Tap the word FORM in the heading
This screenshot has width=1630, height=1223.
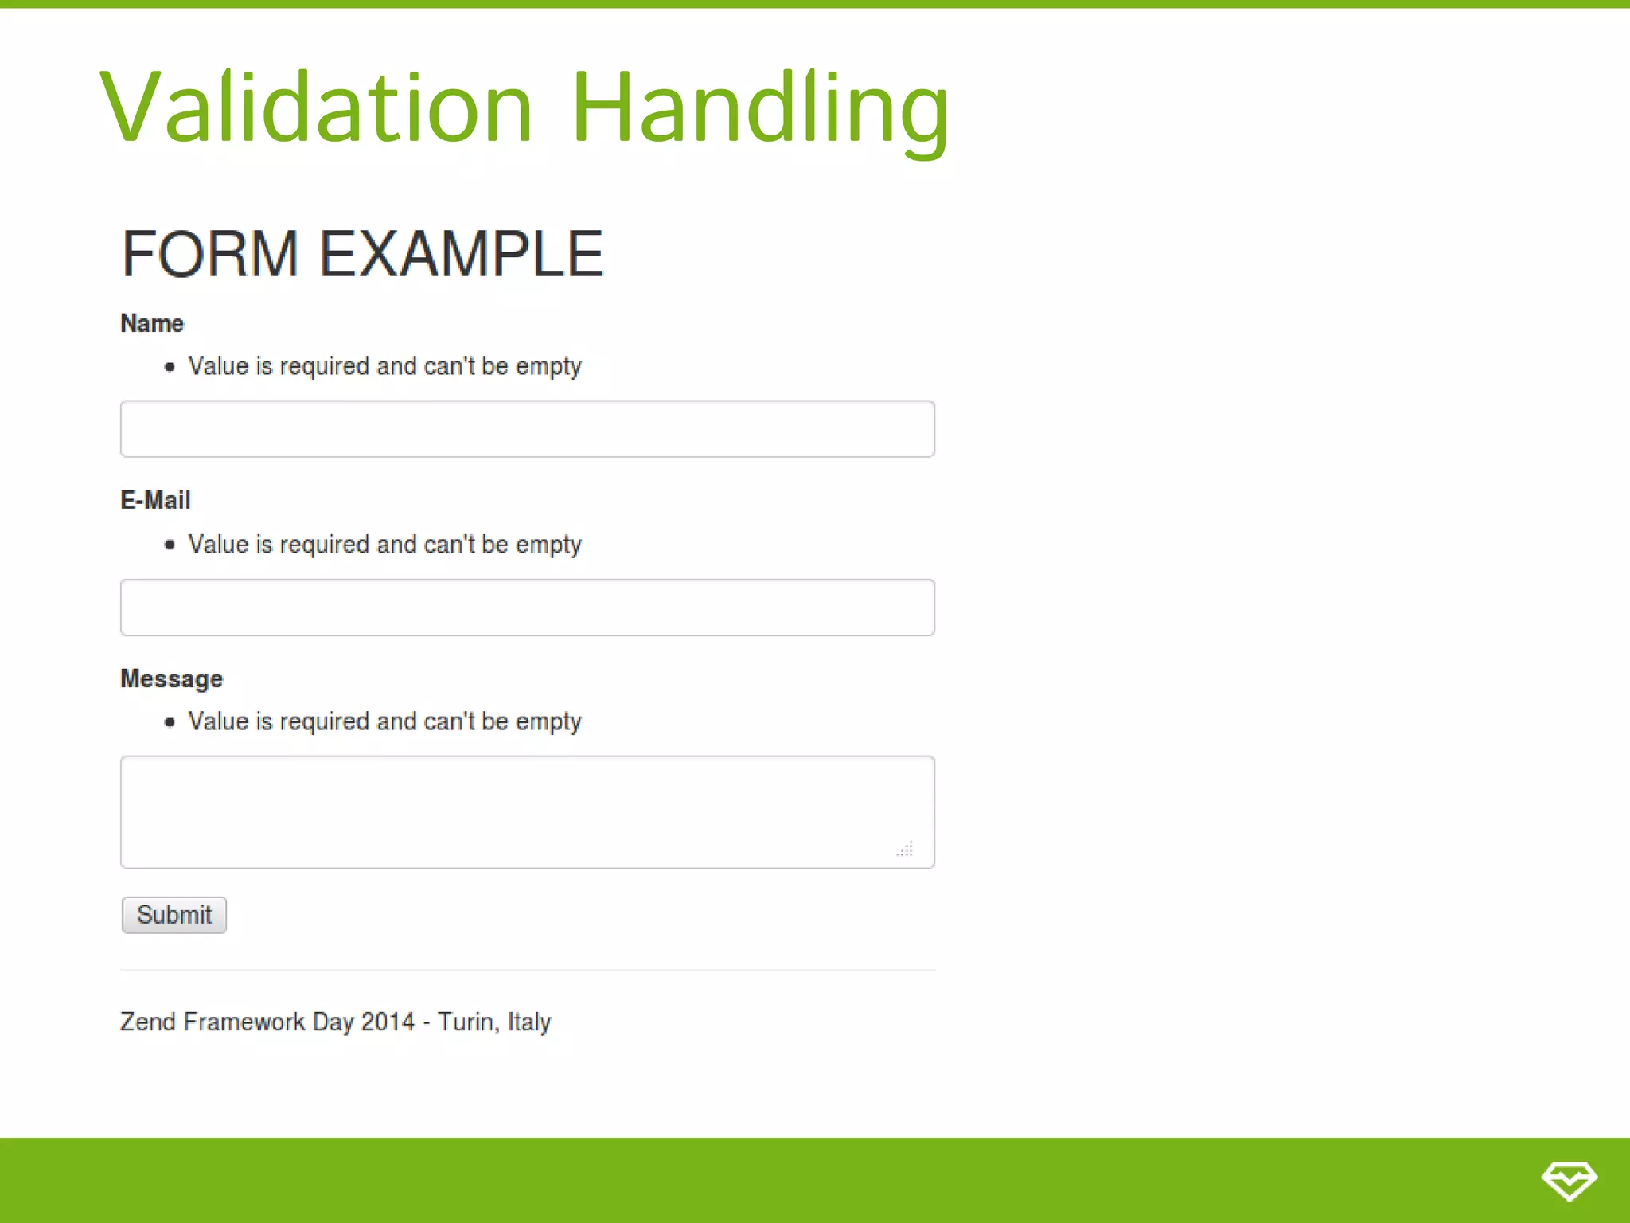pos(210,254)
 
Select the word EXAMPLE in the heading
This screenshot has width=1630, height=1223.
pos(462,254)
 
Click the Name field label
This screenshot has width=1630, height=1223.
pos(152,323)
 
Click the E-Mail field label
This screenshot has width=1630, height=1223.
pos(155,500)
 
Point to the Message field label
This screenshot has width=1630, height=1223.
pos(171,678)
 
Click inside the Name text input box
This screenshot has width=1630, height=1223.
pos(527,429)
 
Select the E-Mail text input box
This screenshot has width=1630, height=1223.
pos(527,608)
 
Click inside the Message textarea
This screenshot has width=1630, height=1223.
pos(527,811)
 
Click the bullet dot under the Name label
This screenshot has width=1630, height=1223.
pos(170,367)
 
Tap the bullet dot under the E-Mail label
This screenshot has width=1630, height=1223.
pos(170,545)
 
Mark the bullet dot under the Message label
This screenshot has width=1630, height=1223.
pos(170,722)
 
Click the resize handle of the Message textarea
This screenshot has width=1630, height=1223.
pos(906,849)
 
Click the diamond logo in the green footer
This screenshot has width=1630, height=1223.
pos(1569,1180)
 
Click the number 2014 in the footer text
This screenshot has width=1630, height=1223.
pos(388,1022)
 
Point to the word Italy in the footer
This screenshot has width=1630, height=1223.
pos(529,1022)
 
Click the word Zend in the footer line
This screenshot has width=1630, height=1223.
pos(148,1022)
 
